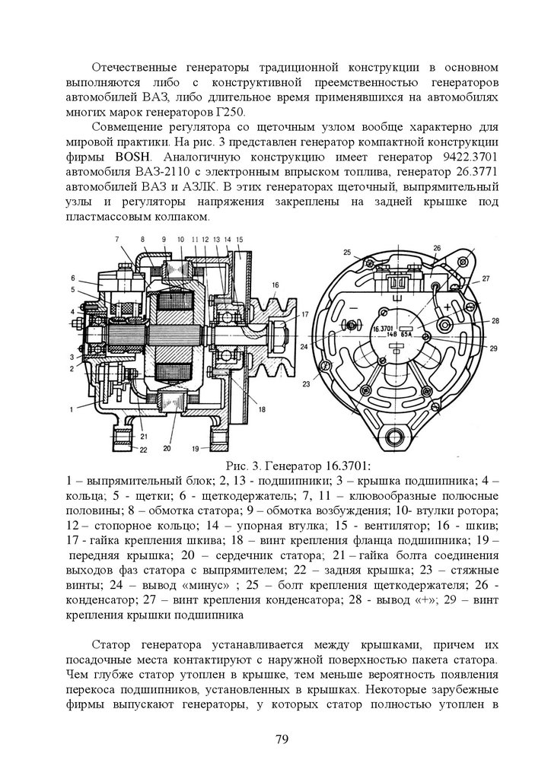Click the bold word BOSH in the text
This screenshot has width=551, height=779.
tap(130, 157)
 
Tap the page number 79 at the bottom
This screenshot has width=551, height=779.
tap(275, 739)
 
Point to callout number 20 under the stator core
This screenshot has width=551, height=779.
tap(167, 449)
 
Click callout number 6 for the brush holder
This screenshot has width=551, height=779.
tap(74, 277)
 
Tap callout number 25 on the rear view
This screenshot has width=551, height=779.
tap(346, 252)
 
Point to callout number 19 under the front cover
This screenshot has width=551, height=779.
tap(196, 448)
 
